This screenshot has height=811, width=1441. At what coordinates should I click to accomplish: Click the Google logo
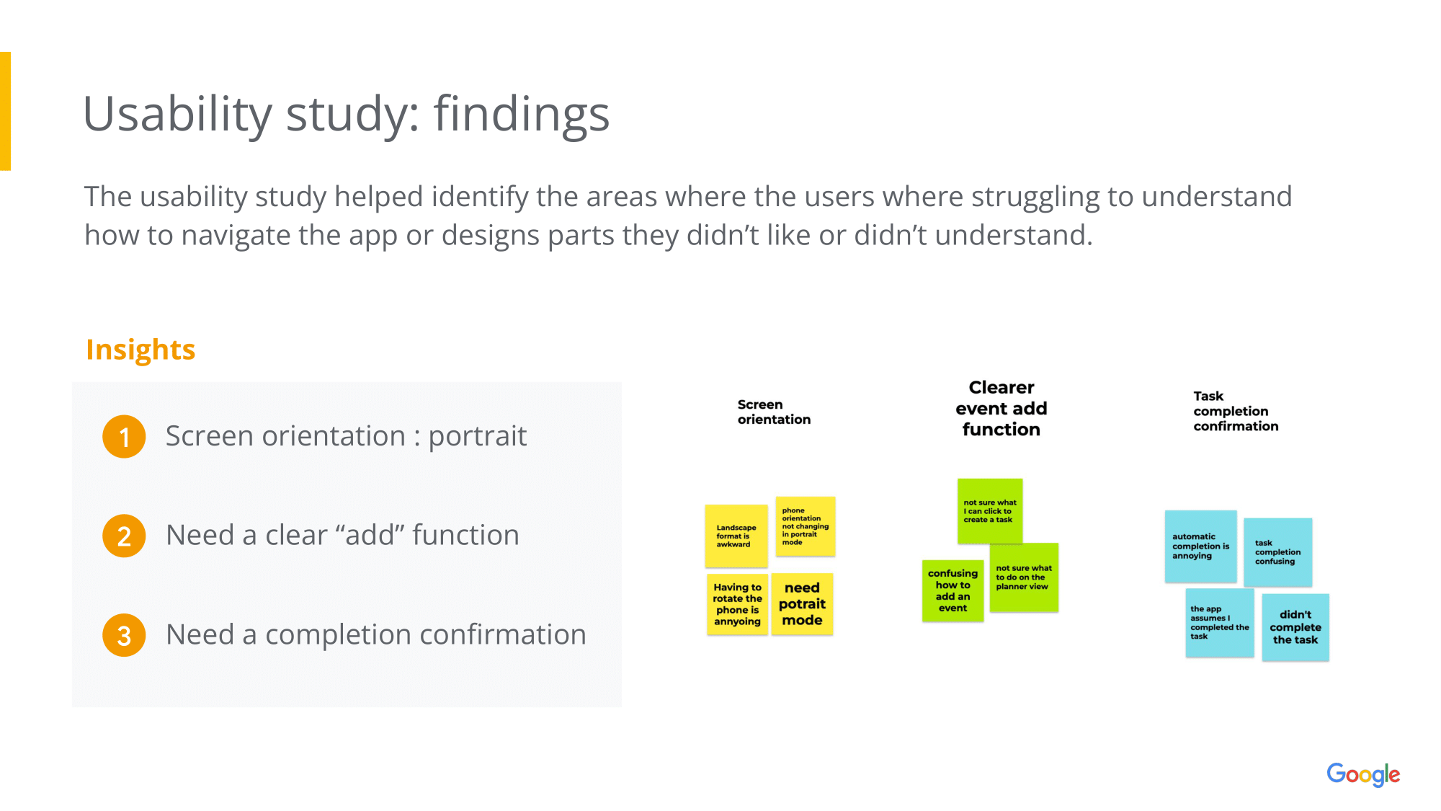click(x=1362, y=775)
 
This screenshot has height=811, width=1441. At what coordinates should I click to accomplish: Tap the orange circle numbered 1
click(x=124, y=437)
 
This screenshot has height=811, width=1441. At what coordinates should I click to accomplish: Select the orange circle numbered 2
click(x=124, y=536)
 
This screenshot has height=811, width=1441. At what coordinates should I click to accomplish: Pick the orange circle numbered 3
click(x=124, y=635)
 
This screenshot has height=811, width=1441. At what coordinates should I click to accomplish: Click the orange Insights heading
click(x=140, y=350)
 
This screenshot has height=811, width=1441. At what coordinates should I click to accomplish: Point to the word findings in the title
click(x=521, y=114)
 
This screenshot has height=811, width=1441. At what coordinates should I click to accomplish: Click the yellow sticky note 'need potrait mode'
click(x=802, y=604)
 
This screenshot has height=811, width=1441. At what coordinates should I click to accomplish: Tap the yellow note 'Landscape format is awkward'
click(x=736, y=536)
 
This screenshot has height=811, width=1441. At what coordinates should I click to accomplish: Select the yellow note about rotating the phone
click(x=737, y=604)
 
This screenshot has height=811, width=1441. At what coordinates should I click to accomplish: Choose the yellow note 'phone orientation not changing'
click(x=805, y=526)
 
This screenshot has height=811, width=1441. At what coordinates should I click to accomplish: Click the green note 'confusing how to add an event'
click(x=953, y=590)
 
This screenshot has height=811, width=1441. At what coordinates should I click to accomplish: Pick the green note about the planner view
click(x=1024, y=577)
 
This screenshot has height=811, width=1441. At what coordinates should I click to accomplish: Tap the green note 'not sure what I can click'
click(x=990, y=510)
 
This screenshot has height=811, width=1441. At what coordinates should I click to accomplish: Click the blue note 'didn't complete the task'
click(x=1295, y=627)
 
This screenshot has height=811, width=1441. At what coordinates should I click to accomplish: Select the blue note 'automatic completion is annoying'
click(x=1200, y=546)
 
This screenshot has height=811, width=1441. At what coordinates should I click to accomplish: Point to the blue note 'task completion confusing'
click(x=1277, y=552)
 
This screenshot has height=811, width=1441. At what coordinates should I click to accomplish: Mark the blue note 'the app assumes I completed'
click(x=1219, y=623)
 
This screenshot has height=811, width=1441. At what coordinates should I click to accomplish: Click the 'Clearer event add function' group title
click(x=1001, y=408)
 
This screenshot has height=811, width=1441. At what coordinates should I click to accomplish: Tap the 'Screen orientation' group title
click(x=774, y=412)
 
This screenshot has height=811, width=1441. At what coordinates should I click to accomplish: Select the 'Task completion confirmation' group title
click(x=1235, y=411)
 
